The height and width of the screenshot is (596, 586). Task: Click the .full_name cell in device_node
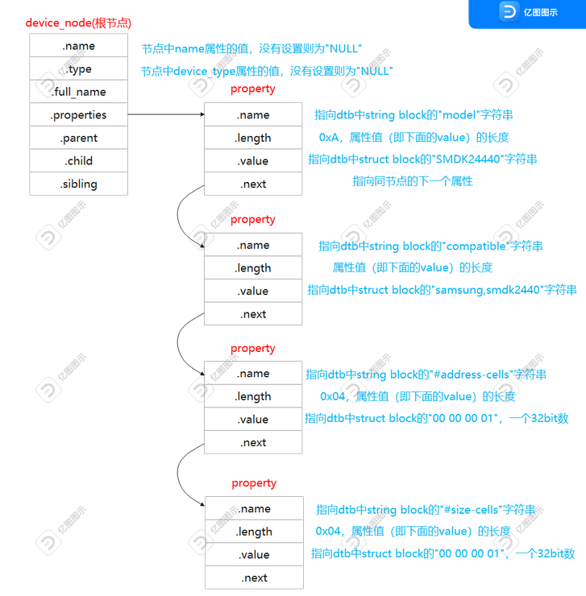point(78,92)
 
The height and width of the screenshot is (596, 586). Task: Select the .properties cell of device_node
point(78,115)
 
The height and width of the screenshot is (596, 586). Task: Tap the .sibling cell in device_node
point(78,184)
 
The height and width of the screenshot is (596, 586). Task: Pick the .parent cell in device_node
point(78,138)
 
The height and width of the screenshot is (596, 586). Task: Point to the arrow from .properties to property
point(165,115)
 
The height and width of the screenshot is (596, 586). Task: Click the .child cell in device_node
point(78,161)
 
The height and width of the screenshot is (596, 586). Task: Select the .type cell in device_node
point(78,69)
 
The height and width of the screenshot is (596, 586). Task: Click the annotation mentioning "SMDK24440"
point(422,159)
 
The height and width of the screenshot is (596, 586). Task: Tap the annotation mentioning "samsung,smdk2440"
point(442,290)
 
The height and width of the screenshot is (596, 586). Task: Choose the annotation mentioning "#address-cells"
point(426,374)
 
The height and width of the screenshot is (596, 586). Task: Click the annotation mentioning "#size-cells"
point(426,509)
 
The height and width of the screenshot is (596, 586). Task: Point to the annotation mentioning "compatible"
point(430,246)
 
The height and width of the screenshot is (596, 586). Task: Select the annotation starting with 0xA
point(414,137)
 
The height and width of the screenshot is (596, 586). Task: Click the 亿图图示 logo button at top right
point(527,13)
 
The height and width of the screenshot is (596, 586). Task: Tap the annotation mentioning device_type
point(267,71)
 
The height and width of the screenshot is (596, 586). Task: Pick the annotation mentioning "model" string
point(414,115)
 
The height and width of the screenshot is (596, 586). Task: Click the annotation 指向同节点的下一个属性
point(412,181)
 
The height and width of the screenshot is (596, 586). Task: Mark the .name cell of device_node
point(78,46)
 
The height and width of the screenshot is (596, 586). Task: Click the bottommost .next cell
point(254,577)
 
